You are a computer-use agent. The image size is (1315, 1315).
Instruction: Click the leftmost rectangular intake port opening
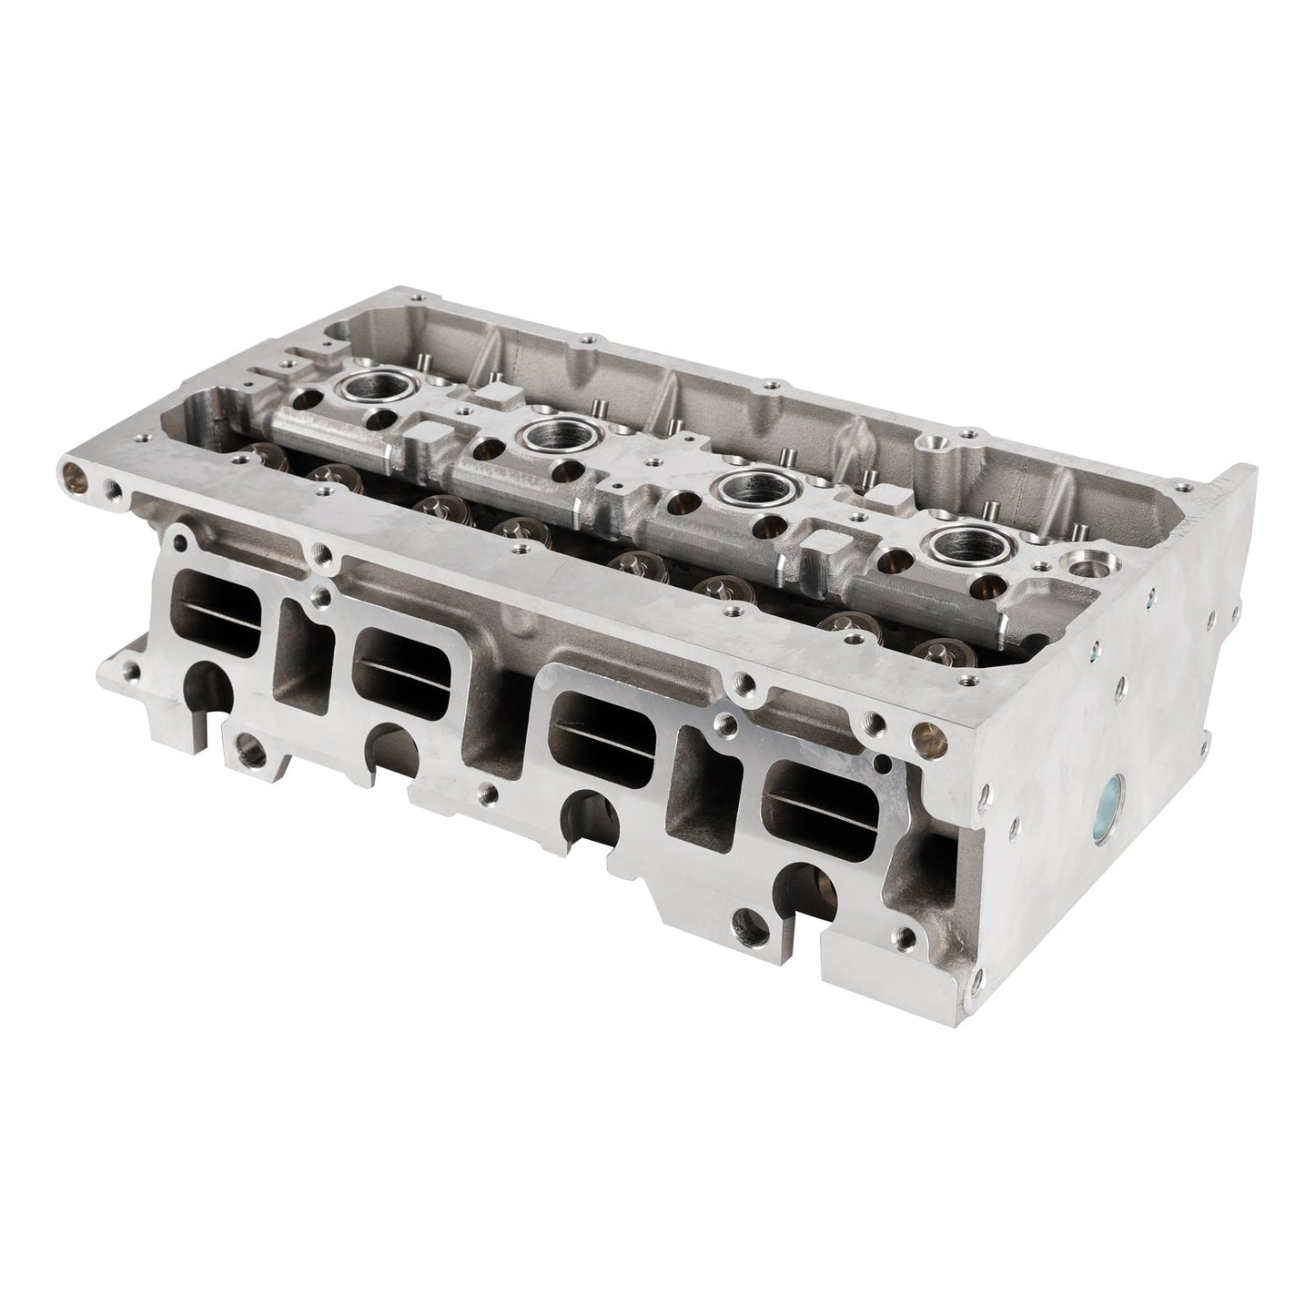click(215, 614)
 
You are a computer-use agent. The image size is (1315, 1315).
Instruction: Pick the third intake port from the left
click(601, 732)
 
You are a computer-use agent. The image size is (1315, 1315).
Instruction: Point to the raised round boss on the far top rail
click(934, 442)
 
